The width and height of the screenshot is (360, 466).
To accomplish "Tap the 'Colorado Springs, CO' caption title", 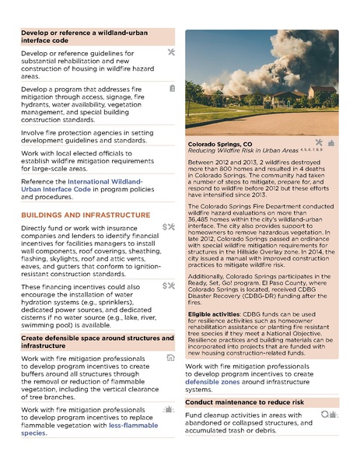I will click(x=220, y=145).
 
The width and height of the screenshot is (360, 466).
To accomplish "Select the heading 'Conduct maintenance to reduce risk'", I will click(x=244, y=402).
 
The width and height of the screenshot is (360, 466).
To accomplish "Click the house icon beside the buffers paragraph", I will click(x=170, y=358).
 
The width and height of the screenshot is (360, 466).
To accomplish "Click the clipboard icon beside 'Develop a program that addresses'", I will click(x=171, y=89).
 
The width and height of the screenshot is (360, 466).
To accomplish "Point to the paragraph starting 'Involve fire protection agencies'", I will click(x=86, y=138).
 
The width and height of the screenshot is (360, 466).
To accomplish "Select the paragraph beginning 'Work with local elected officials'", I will click(x=86, y=161).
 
